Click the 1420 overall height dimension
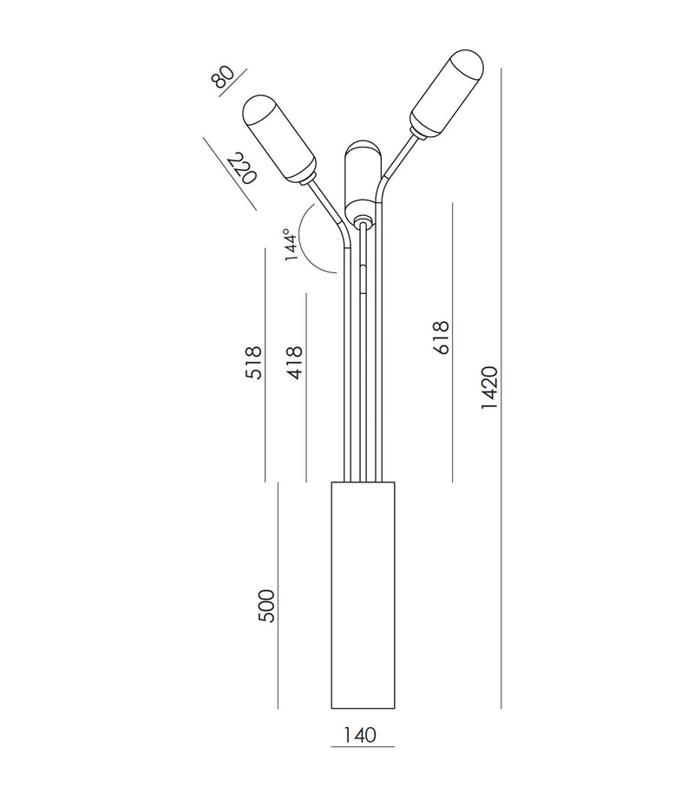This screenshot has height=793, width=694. [x=489, y=388]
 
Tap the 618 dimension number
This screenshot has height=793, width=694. [x=441, y=338]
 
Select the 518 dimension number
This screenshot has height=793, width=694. [x=253, y=363]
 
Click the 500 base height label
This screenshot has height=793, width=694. [x=266, y=606]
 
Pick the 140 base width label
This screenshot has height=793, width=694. [x=360, y=735]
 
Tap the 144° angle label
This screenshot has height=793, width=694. [x=290, y=245]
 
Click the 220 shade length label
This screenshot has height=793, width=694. [x=243, y=169]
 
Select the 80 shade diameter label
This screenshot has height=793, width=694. [x=223, y=76]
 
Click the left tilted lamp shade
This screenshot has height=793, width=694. [x=279, y=140]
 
